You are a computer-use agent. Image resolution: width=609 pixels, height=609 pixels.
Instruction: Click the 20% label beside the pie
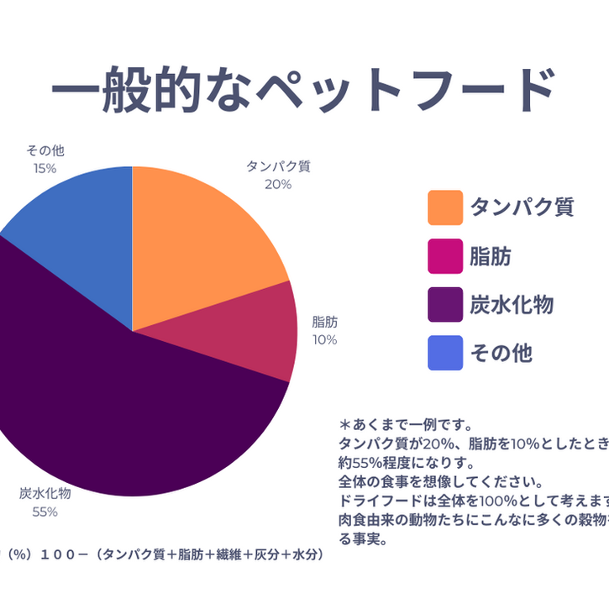278,184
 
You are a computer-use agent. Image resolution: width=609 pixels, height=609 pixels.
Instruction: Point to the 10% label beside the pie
324,340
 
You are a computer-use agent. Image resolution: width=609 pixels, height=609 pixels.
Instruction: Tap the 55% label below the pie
45,512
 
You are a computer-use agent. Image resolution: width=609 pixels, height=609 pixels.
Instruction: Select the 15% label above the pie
45,168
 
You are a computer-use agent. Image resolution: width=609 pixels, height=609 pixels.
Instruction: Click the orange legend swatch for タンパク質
445,207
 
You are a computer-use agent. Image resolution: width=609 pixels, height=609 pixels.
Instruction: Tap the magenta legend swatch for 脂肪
445,256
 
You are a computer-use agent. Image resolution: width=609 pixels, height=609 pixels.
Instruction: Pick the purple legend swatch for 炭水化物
445,304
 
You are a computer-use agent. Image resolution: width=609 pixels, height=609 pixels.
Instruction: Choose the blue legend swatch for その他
445,353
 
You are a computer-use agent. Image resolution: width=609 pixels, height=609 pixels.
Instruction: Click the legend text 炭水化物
512,304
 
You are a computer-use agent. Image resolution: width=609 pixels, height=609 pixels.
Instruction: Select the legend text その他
501,353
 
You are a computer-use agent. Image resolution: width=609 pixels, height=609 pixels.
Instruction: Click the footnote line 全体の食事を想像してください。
441,482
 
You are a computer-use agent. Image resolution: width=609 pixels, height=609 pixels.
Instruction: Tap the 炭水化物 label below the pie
45,493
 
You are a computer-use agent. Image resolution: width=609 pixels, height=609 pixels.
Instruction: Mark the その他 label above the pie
45,151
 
